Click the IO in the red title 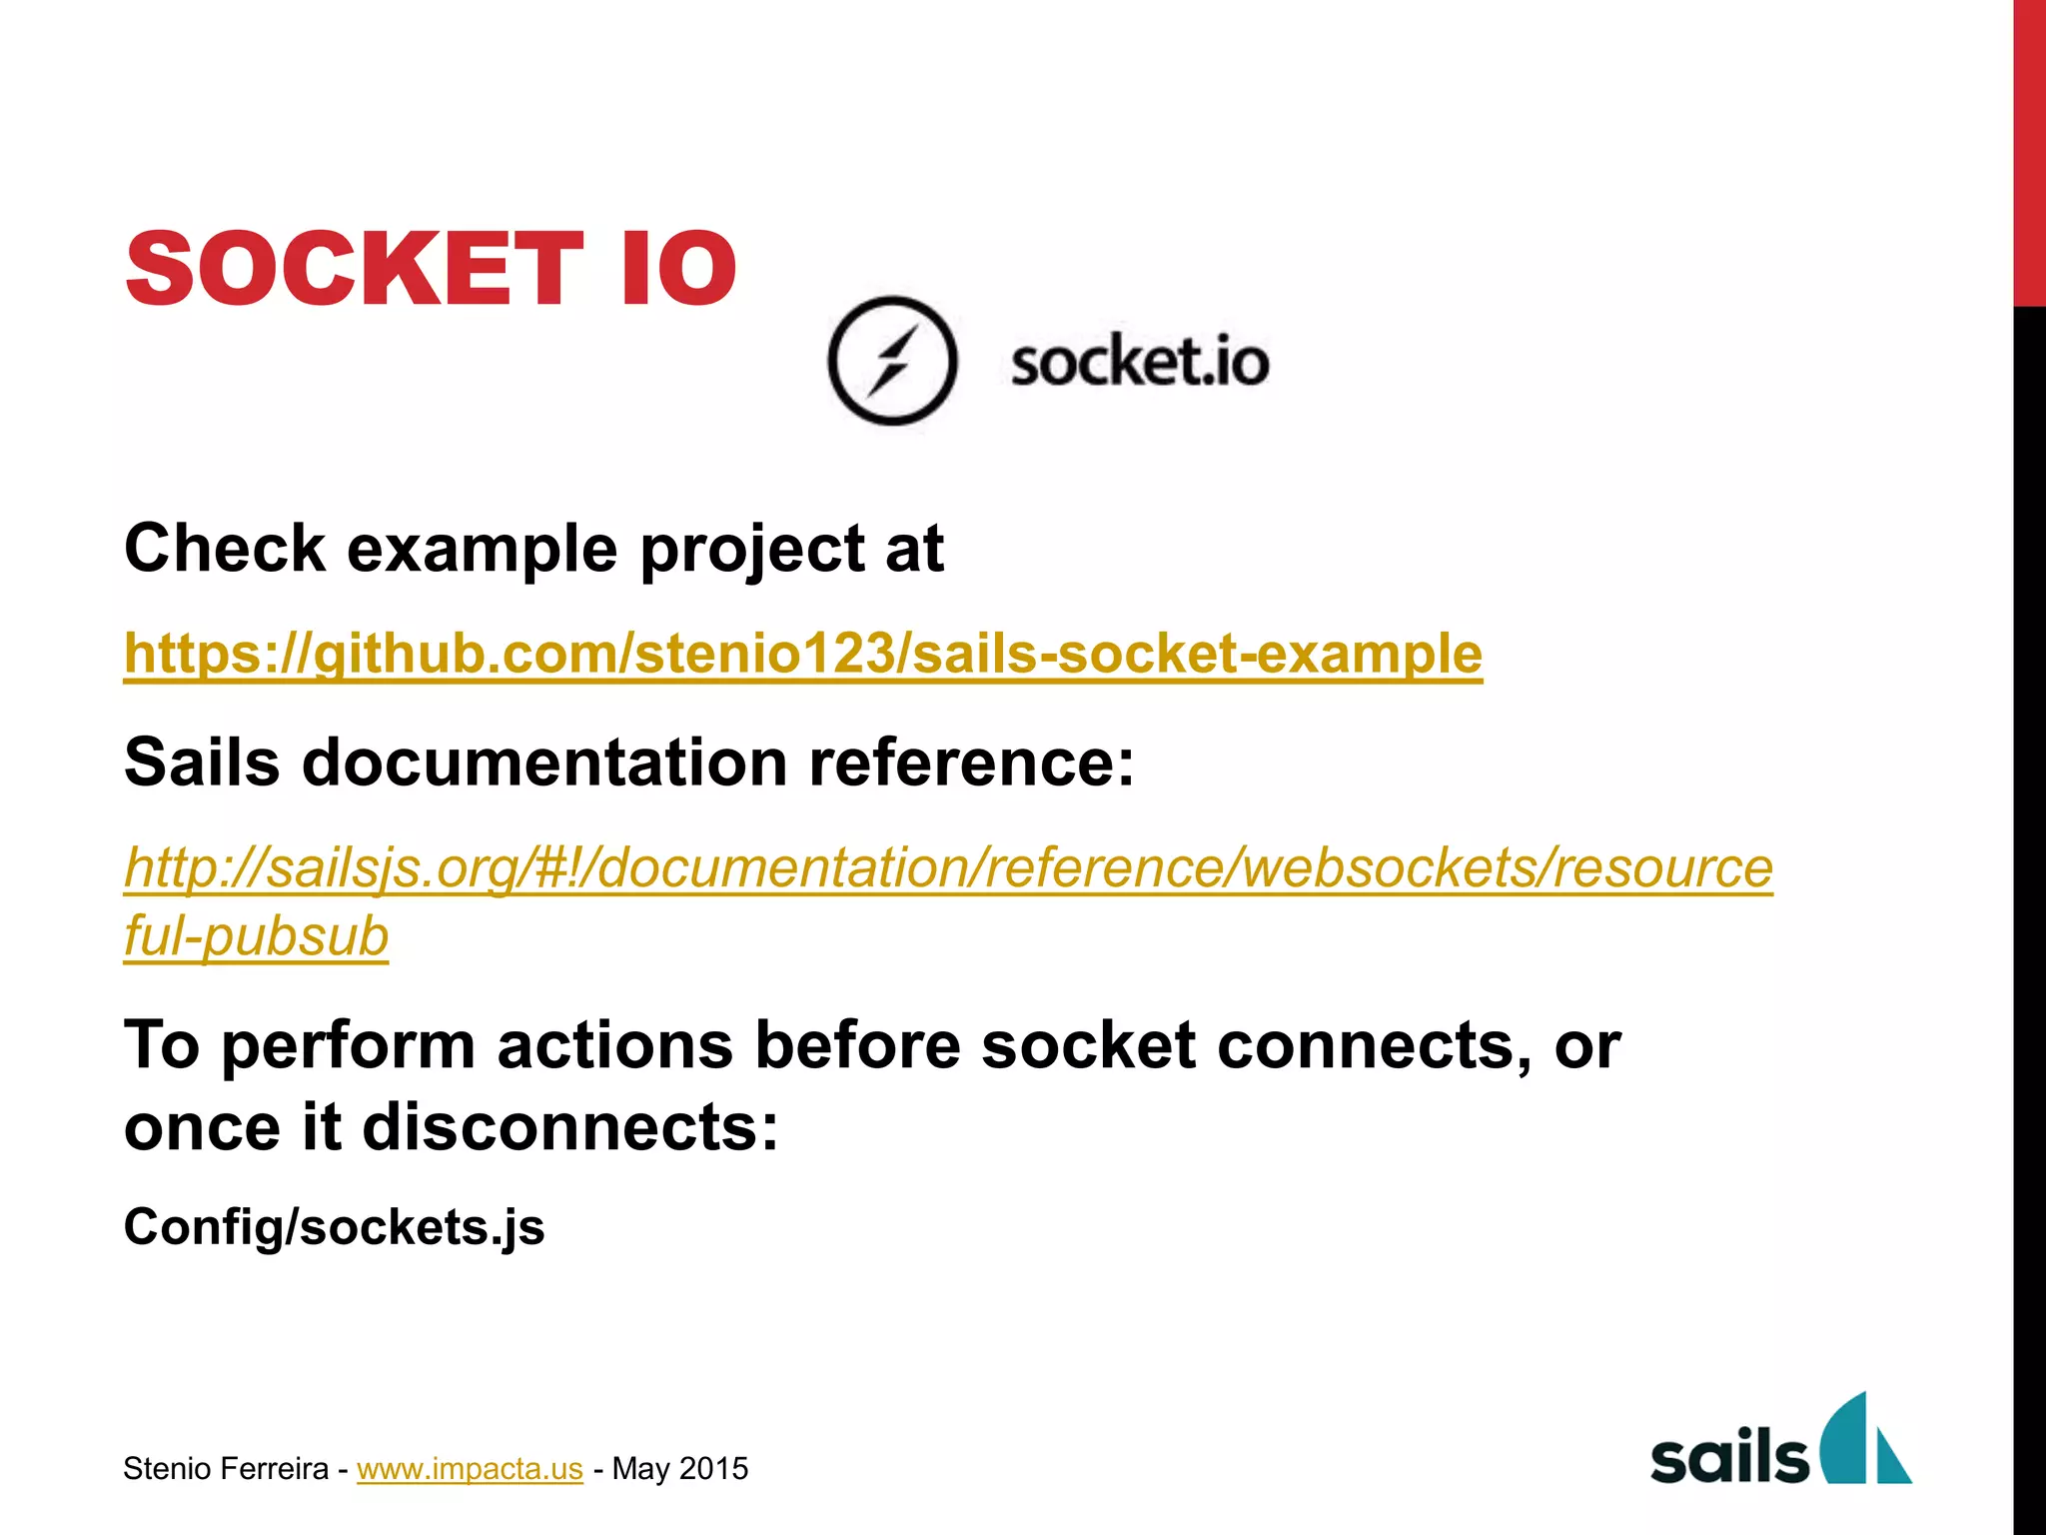click(677, 268)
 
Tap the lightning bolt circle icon click(892, 361)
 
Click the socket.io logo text click(1140, 362)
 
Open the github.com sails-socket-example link click(802, 654)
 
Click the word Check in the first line click(225, 549)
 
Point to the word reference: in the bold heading click(971, 763)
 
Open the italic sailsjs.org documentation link click(947, 867)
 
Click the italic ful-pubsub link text click(256, 937)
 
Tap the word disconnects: click(569, 1127)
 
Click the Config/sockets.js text click(334, 1226)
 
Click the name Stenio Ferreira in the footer click(226, 1468)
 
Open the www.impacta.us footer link click(470, 1468)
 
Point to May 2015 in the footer click(679, 1468)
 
